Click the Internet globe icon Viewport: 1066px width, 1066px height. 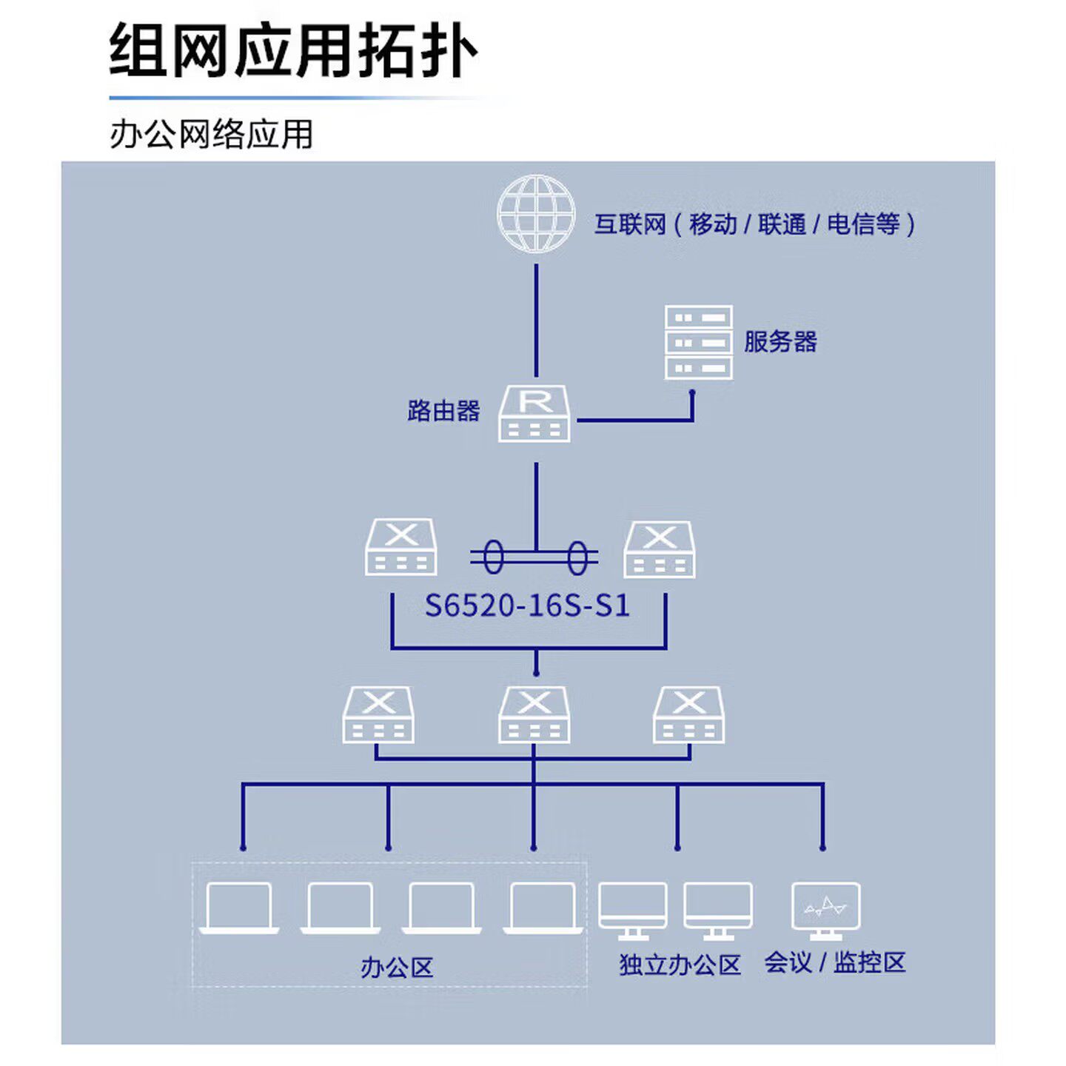[535, 214]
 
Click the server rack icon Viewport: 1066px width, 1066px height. [698, 341]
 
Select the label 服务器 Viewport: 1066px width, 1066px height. [780, 342]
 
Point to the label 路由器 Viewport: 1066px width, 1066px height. [443, 411]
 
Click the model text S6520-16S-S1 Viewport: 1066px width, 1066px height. [527, 606]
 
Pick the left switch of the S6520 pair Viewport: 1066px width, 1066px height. [400, 548]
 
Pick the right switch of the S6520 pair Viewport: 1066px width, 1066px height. [660, 549]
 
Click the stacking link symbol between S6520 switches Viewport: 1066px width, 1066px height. [534, 557]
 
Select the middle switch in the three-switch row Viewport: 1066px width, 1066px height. [534, 714]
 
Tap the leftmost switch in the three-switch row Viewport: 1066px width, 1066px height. [378, 714]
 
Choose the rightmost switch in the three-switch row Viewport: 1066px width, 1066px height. [689, 714]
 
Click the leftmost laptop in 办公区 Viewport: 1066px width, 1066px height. [239, 908]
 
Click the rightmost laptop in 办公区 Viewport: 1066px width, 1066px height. [543, 908]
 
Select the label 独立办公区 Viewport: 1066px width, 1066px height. [680, 965]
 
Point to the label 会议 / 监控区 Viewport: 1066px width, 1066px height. [835, 963]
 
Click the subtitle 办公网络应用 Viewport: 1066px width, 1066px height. [212, 135]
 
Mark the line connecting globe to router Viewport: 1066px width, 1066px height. [536, 318]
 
